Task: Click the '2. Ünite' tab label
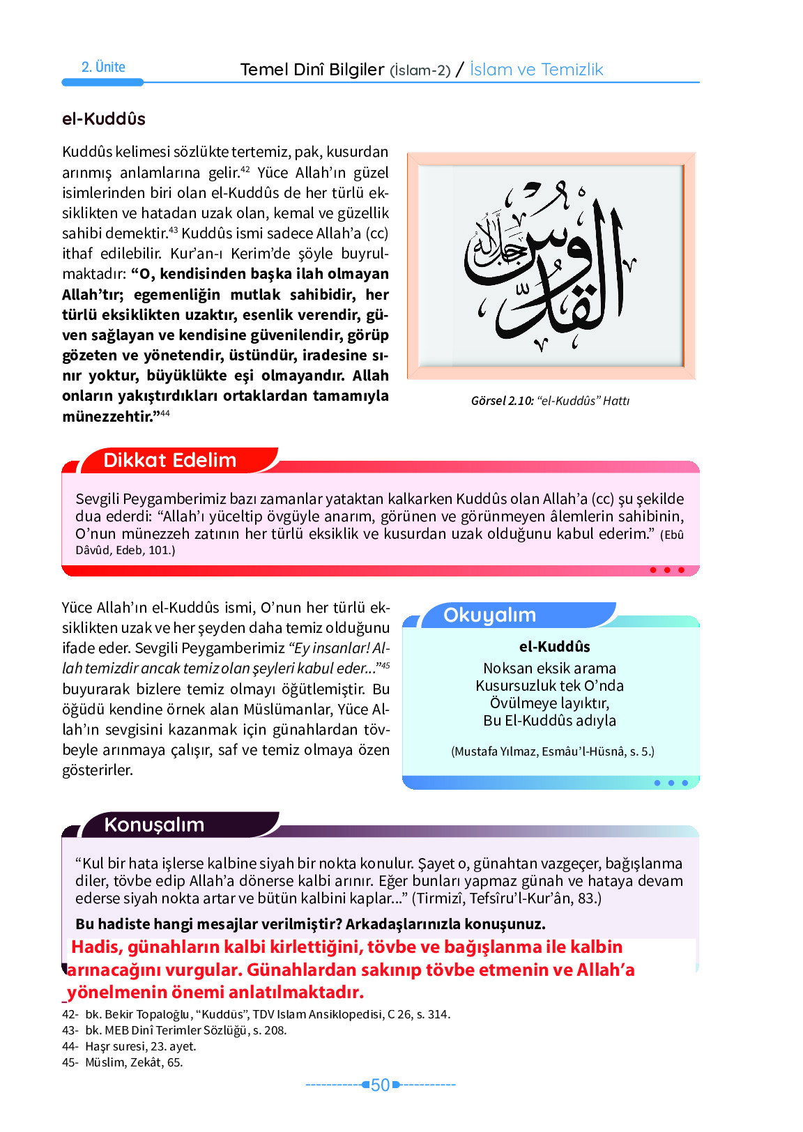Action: click(103, 68)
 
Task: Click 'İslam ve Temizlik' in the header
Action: click(536, 70)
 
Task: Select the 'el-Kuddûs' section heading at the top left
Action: click(104, 119)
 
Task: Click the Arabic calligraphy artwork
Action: click(550, 266)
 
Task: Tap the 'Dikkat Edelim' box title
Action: click(170, 461)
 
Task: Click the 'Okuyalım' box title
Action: click(489, 615)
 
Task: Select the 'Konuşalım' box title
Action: click(154, 825)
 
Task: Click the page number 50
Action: click(380, 1085)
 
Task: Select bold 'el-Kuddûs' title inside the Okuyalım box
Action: click(554, 647)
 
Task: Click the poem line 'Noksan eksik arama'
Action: click(549, 668)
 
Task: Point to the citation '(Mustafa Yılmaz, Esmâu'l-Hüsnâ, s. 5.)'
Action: click(552, 751)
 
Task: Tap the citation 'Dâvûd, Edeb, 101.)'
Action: click(125, 551)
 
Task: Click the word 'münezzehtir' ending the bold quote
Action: click(107, 417)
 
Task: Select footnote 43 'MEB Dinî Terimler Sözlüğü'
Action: click(185, 1030)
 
